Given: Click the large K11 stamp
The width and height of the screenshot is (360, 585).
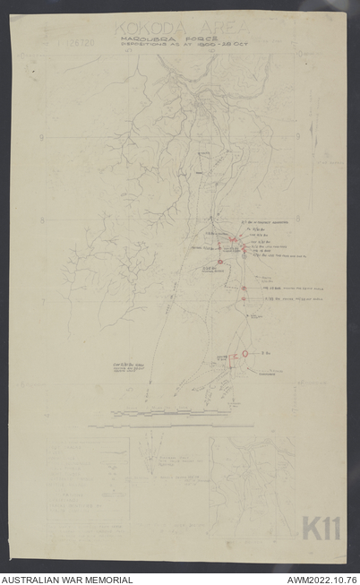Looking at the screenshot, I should [320, 529].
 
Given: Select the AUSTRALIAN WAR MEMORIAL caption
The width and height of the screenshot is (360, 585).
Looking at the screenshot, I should [67, 579].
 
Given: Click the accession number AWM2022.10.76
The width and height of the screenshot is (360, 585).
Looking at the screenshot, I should [321, 579].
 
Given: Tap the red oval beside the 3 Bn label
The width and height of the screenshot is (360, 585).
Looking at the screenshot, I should [245, 354].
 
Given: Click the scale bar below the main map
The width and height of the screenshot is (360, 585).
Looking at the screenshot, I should [156, 413].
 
